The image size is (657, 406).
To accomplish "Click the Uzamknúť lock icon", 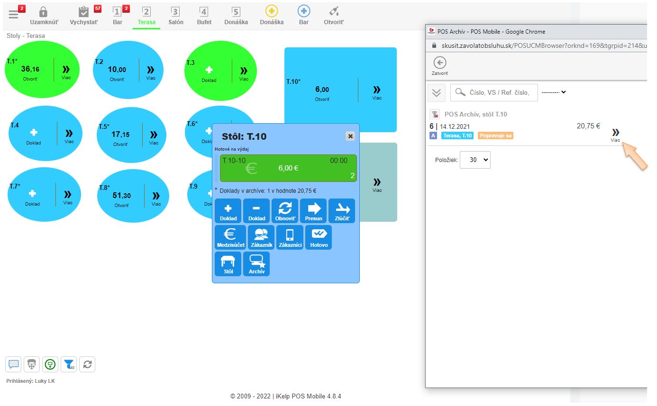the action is pos(43,12).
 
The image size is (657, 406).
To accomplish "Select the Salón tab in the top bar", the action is pos(176,16).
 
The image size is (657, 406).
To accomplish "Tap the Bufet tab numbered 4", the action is pos(204,16).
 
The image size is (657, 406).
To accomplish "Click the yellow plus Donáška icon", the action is pos(272,11).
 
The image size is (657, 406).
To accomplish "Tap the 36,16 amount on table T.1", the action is pos(30,69).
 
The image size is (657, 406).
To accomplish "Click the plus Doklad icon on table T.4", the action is pos(34,133).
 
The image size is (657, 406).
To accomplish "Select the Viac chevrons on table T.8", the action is pos(156,196).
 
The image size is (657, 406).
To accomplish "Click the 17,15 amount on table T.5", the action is pos(120,135).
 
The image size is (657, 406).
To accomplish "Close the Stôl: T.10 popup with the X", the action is pos(350,136).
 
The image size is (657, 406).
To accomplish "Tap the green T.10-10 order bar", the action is pos(288,168).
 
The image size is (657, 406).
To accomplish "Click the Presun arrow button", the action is pos(313,211).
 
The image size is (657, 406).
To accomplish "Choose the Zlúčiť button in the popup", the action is pos(342,211).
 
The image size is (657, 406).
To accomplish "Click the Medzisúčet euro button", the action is pos(230,237).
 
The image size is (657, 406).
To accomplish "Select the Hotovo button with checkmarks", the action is pos(319,237).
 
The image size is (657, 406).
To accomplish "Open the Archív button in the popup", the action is pos(256,264).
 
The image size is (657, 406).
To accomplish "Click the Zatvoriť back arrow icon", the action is pos(440,63).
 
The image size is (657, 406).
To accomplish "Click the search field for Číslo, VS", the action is pos(494,93).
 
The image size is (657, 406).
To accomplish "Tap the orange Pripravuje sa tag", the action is pos(495,135).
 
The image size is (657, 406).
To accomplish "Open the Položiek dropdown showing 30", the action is pos(475,160).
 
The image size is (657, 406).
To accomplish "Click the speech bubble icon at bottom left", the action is pos(13,364).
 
